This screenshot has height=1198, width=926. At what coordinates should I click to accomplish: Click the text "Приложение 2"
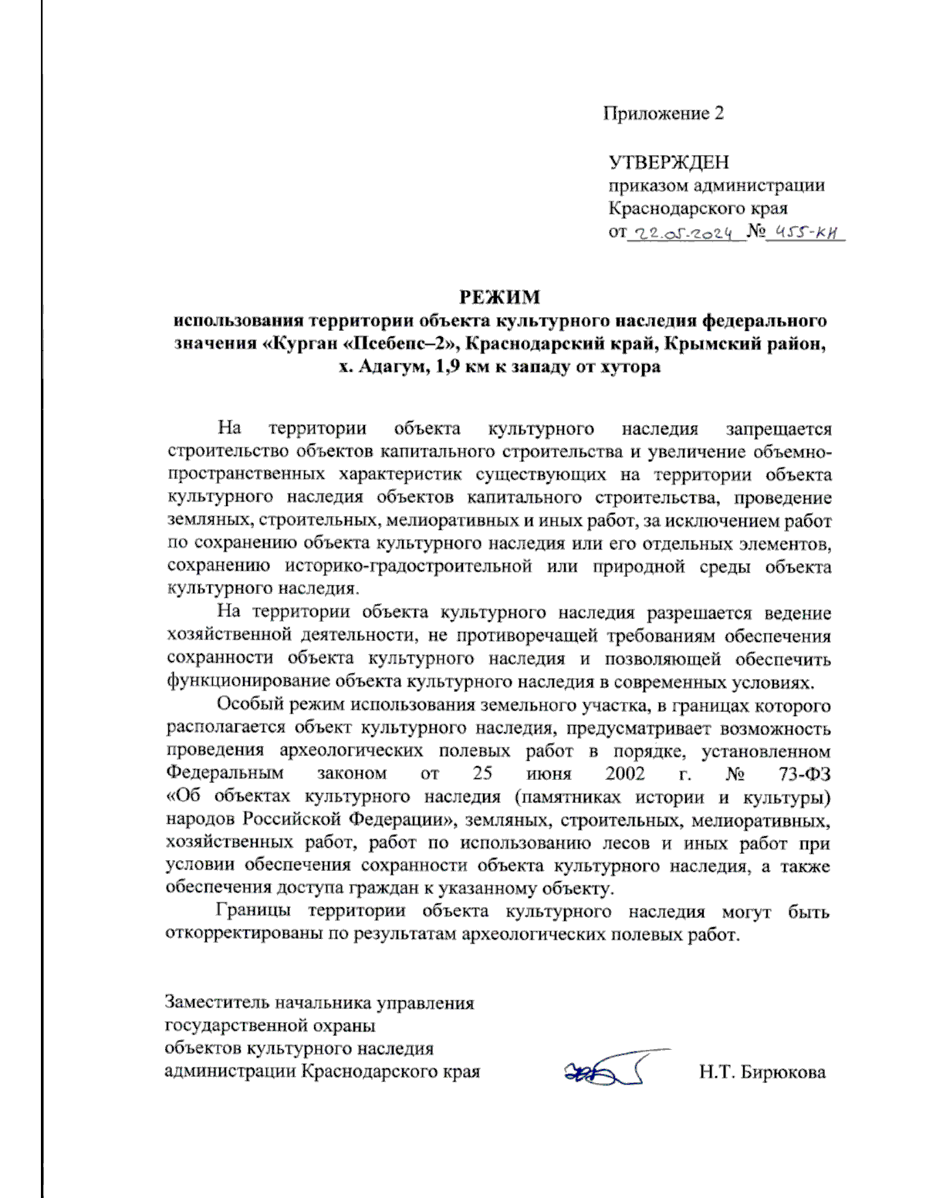click(x=663, y=114)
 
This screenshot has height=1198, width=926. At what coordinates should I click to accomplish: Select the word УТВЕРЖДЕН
click(x=668, y=162)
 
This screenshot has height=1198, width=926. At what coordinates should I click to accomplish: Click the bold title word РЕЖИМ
click(x=500, y=297)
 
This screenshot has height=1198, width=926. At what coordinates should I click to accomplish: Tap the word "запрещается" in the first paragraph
click(x=778, y=429)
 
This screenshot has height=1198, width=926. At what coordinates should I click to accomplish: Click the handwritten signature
click(x=610, y=1068)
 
